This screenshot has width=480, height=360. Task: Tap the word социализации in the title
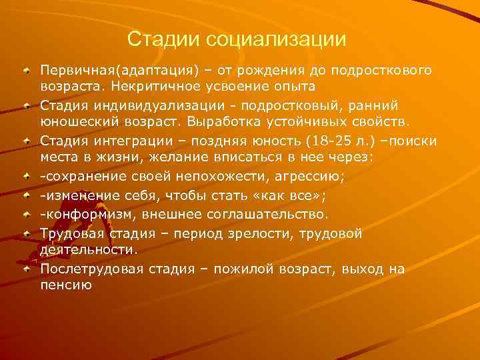tap(276, 39)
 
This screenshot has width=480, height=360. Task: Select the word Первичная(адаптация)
tap(110, 70)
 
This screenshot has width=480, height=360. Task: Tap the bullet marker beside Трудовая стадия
tap(27, 233)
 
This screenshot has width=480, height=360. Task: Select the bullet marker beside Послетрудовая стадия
tap(27, 269)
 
